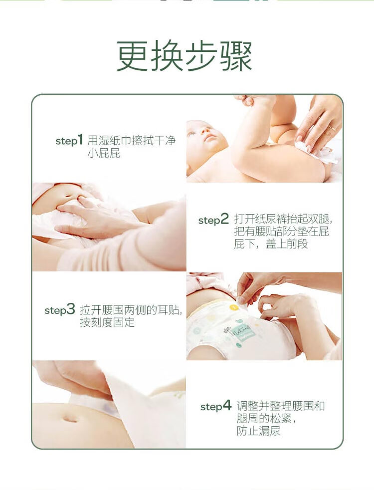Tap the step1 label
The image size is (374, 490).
point(69,140)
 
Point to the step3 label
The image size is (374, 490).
point(60,310)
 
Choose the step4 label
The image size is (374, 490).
point(216,406)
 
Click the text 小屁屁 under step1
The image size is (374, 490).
point(104,153)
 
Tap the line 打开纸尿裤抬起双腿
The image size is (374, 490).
point(283,219)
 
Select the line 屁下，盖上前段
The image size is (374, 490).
point(271,244)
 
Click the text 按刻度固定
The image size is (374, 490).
point(107,322)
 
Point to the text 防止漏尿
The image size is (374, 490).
point(258,431)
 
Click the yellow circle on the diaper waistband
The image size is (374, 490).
point(233,307)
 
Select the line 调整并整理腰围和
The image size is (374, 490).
point(281,406)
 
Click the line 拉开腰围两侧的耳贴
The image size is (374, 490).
point(131,310)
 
